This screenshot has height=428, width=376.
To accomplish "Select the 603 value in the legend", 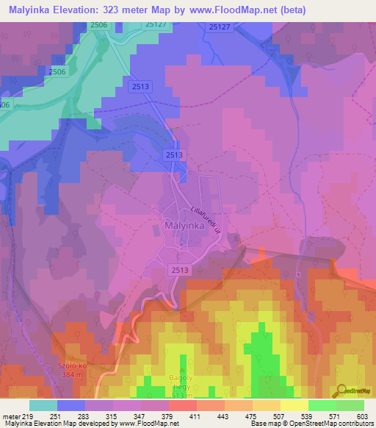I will point(363,416).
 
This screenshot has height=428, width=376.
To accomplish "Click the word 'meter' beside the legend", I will point(11,416).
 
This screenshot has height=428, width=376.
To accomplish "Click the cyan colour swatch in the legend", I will point(43,405).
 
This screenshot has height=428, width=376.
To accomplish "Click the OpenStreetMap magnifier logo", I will point(342,390).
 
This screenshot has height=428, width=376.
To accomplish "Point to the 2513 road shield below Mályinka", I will point(181,270).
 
